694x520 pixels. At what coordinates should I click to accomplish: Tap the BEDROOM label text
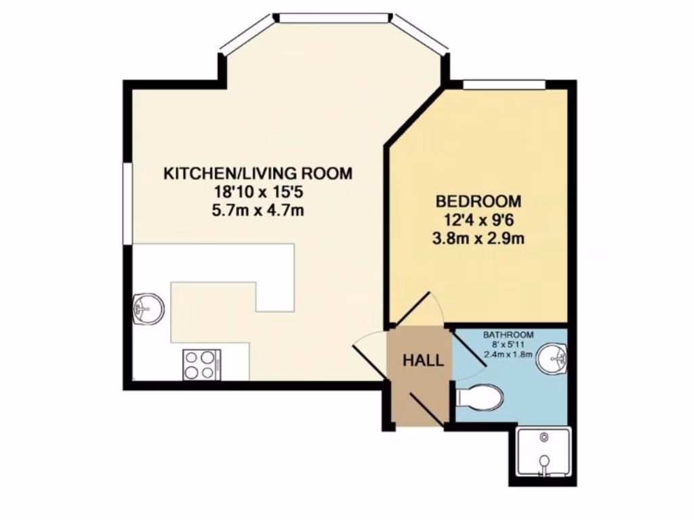pos(478,201)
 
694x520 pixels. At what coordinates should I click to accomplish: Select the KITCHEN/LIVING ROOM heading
pos(258,173)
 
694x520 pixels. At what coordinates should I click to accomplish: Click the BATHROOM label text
pos(508,334)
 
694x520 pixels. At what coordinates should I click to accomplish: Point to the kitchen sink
pos(147,309)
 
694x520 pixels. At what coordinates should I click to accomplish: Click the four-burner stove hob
pos(201,364)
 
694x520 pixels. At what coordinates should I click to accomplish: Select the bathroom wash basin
pos(552,359)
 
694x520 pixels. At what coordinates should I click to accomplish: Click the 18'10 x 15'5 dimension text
pos(258,192)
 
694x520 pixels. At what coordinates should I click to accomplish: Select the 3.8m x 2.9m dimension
pos(478,238)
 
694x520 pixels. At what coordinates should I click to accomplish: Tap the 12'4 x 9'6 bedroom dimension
pos(478,219)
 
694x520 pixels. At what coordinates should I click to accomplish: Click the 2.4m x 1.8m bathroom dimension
pos(508,353)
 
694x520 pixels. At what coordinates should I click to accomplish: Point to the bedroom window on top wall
pos(505,83)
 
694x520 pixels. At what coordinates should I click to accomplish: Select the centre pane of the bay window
pos(334,17)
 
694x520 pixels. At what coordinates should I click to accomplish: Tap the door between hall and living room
pos(370,346)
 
